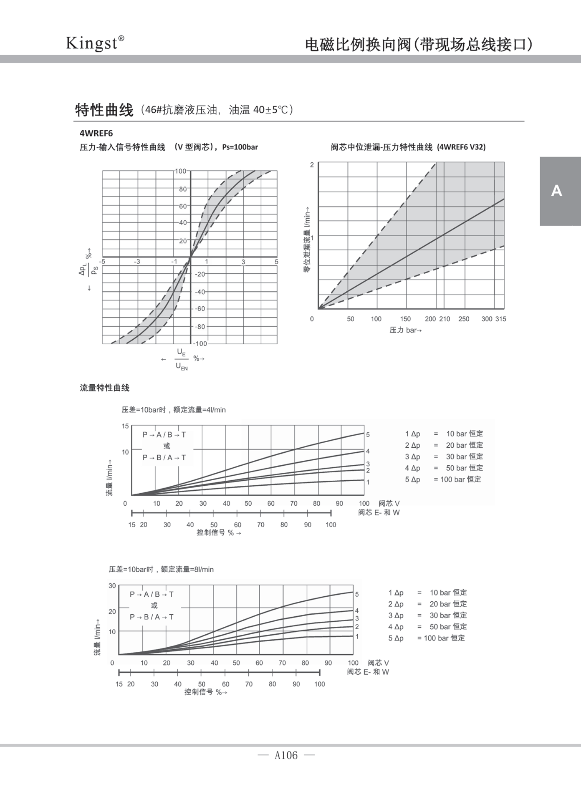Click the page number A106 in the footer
point(286,755)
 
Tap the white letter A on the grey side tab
point(556,191)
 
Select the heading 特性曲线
point(104,110)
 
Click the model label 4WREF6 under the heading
point(96,133)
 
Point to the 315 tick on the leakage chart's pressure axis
point(501,319)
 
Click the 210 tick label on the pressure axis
point(445,319)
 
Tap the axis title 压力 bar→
point(405,330)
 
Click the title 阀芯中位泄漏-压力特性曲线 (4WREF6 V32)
point(408,147)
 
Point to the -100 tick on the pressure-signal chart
point(200,343)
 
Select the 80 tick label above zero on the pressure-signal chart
point(183,189)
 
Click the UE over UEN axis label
point(182,359)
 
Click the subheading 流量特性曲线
point(104,388)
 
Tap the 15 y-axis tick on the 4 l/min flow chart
point(125,426)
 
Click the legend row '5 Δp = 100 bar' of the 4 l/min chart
point(443,479)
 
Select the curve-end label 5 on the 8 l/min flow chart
point(357,594)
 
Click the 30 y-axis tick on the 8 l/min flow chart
point(112,586)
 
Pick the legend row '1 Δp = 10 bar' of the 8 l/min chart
point(428,593)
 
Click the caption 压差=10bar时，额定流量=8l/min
point(161,569)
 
